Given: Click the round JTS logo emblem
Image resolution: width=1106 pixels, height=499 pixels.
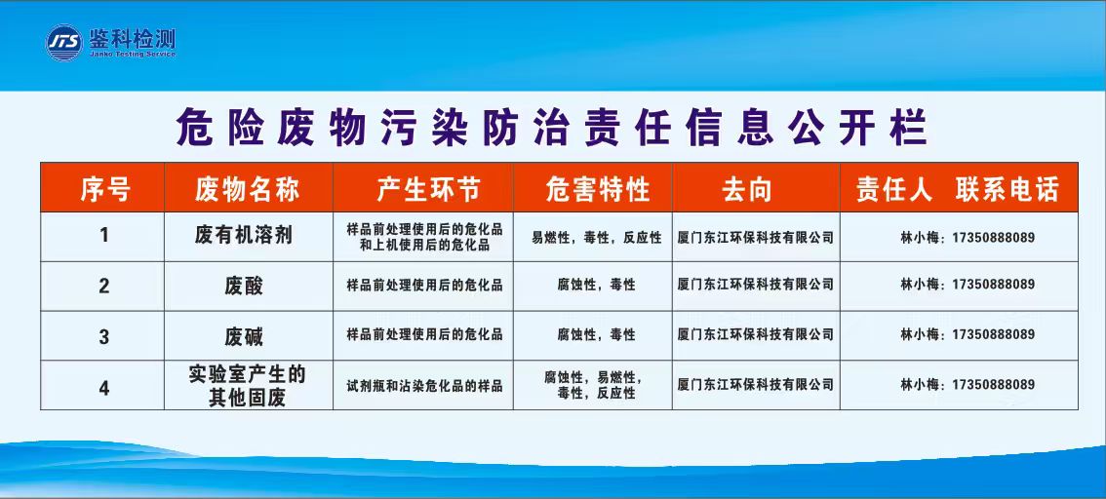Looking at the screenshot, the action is [63, 43].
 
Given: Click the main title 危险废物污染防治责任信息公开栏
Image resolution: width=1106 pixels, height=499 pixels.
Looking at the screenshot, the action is [552, 128].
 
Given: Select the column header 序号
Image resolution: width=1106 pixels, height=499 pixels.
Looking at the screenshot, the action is [105, 189].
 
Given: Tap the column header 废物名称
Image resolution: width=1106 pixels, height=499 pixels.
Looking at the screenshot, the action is [248, 189].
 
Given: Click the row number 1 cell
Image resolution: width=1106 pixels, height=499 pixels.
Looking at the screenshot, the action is [104, 235].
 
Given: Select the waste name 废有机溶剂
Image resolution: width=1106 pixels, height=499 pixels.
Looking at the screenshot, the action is [244, 236].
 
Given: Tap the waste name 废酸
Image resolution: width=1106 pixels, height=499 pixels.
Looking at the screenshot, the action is [244, 287].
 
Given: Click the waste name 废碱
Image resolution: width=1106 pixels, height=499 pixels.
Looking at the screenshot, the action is [244, 337].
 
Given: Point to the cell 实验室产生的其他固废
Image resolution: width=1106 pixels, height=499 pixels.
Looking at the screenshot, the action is [247, 386].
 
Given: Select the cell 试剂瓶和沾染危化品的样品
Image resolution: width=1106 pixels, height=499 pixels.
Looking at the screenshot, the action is [424, 386].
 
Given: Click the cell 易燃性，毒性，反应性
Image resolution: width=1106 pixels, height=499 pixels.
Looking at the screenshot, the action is [597, 238].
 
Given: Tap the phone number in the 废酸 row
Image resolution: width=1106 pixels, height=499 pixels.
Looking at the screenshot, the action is [994, 284].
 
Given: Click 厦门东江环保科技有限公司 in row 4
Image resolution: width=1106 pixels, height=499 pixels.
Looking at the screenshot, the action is [756, 385].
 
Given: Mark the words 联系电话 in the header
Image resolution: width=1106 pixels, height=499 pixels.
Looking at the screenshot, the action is [1007, 189].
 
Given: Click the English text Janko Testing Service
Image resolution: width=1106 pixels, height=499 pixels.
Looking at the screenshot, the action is [132, 54].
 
